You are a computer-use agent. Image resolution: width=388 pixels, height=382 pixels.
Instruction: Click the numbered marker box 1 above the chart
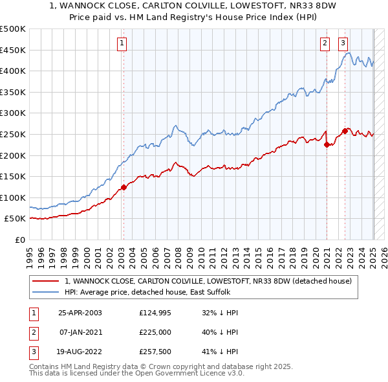pyautogui.click(x=122, y=43)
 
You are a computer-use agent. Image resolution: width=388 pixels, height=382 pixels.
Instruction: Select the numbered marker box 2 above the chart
pyautogui.click(x=325, y=43)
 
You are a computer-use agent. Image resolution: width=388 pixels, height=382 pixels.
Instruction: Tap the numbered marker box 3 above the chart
pyautogui.click(x=343, y=43)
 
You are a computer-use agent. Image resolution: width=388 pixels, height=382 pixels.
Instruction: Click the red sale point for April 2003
pyautogui.click(x=123, y=188)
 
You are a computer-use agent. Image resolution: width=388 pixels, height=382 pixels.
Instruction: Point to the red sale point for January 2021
pyautogui.click(x=327, y=145)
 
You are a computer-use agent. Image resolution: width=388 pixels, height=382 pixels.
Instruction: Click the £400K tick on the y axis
pyautogui.click(x=14, y=71)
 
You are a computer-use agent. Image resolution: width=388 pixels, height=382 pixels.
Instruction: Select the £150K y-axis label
pyautogui.click(x=14, y=176)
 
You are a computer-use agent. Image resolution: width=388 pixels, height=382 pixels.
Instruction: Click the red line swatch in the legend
pyautogui.click(x=46, y=282)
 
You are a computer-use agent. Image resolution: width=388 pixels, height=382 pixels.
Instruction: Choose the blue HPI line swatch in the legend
pyautogui.click(x=46, y=293)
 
